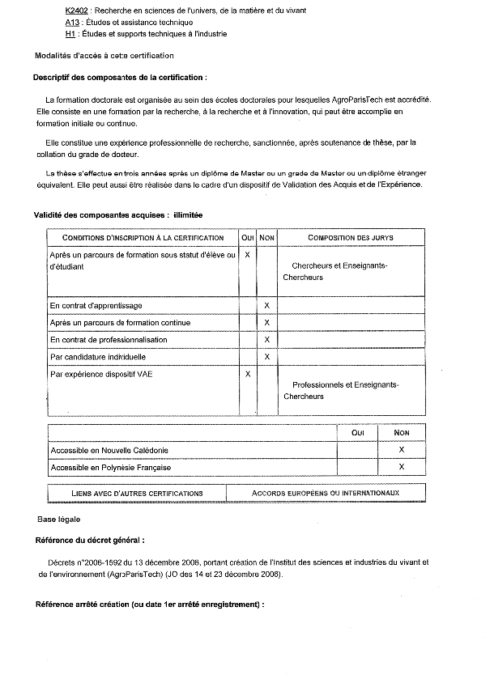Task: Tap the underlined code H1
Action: pyautogui.click(x=70, y=35)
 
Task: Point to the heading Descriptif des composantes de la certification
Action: pyautogui.click(x=120, y=78)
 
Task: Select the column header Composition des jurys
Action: pyautogui.click(x=339, y=238)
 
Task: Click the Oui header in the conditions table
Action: pyautogui.click(x=248, y=238)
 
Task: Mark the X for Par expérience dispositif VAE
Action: pyautogui.click(x=248, y=374)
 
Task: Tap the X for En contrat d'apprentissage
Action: pyautogui.click(x=266, y=305)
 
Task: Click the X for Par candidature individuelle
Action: pyautogui.click(x=266, y=357)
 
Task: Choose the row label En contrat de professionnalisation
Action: pyautogui.click(x=109, y=340)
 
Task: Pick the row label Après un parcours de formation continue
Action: pyautogui.click(x=120, y=323)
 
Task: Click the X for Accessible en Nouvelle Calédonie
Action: pyautogui.click(x=402, y=450)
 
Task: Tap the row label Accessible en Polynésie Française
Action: pyautogui.click(x=111, y=468)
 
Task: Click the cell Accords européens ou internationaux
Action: pyautogui.click(x=326, y=493)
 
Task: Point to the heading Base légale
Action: pyautogui.click(x=59, y=519)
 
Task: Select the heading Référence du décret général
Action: pyautogui.click(x=91, y=540)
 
